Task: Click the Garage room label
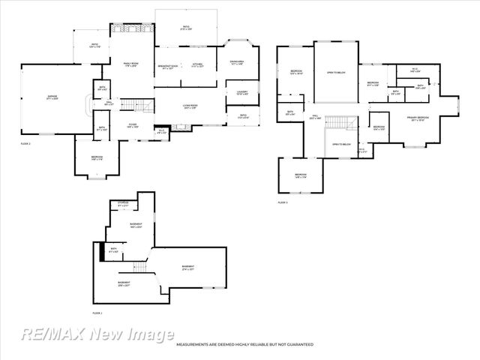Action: pyautogui.click(x=52, y=97)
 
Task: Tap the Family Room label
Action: pyautogui.click(x=133, y=65)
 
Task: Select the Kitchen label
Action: pyautogui.click(x=196, y=65)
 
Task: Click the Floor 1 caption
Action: pyautogui.click(x=97, y=313)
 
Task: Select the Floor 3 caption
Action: pyautogui.click(x=283, y=202)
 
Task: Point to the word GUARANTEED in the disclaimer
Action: pyautogui.click(x=297, y=344)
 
